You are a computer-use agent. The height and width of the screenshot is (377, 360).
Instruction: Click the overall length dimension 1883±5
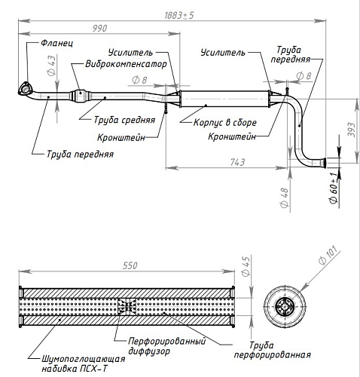tap(179, 15)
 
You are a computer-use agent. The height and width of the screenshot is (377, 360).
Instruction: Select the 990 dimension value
tap(99, 28)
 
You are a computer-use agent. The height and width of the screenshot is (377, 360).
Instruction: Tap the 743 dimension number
tap(237, 162)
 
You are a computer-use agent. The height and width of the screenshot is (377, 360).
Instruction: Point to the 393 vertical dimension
tap(351, 130)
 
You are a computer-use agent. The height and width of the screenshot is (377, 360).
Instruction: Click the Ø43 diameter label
tap(51, 66)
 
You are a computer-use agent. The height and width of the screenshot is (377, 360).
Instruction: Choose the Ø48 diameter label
tap(285, 198)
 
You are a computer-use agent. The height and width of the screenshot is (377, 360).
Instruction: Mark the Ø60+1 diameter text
tap(334, 188)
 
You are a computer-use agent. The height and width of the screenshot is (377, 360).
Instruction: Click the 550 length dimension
tap(130, 265)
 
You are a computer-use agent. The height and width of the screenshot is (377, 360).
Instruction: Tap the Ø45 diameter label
tap(246, 266)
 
